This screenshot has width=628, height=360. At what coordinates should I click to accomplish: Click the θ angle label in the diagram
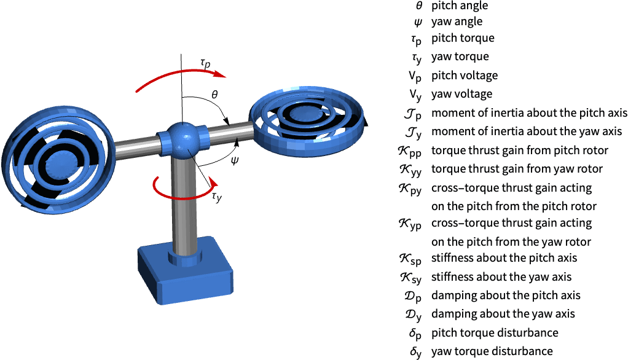pyautogui.click(x=214, y=95)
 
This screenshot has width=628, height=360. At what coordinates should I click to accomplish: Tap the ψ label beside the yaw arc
pyautogui.click(x=234, y=160)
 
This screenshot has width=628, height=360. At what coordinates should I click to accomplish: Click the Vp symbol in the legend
pyautogui.click(x=415, y=76)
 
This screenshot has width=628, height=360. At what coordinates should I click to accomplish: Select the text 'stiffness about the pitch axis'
pyautogui.click(x=504, y=257)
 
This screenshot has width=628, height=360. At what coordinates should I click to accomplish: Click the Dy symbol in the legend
pyautogui.click(x=413, y=315)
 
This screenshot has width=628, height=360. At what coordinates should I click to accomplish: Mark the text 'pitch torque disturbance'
pyautogui.click(x=495, y=332)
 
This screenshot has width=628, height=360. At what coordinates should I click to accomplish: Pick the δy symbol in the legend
pyautogui.click(x=415, y=352)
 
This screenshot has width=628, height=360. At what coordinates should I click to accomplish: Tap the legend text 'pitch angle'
pyautogui.click(x=460, y=6)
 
